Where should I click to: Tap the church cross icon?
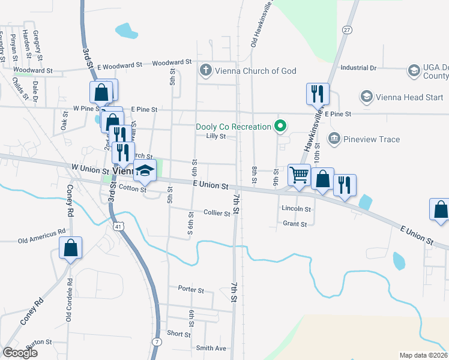pyautogui.click(x=206, y=71)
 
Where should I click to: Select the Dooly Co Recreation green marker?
pyautogui.click(x=279, y=126)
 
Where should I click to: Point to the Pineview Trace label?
pyautogui.click(x=373, y=139)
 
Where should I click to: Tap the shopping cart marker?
pyautogui.click(x=299, y=175)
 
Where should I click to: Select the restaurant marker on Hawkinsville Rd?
pyautogui.click(x=317, y=94)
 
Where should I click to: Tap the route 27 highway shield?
pyautogui.click(x=347, y=29)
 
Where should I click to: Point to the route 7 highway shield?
pyautogui.click(x=157, y=341)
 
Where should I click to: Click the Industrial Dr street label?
pyautogui.click(x=358, y=68)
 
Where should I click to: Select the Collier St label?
pyautogui.click(x=217, y=213)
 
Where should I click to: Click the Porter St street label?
pyautogui.click(x=191, y=289)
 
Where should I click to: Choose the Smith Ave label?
pyautogui.click(x=211, y=348)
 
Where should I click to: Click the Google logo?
pyautogui.click(x=20, y=353)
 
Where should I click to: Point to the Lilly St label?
pyautogui.click(x=215, y=136)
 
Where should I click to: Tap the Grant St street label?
pyautogui.click(x=295, y=224)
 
